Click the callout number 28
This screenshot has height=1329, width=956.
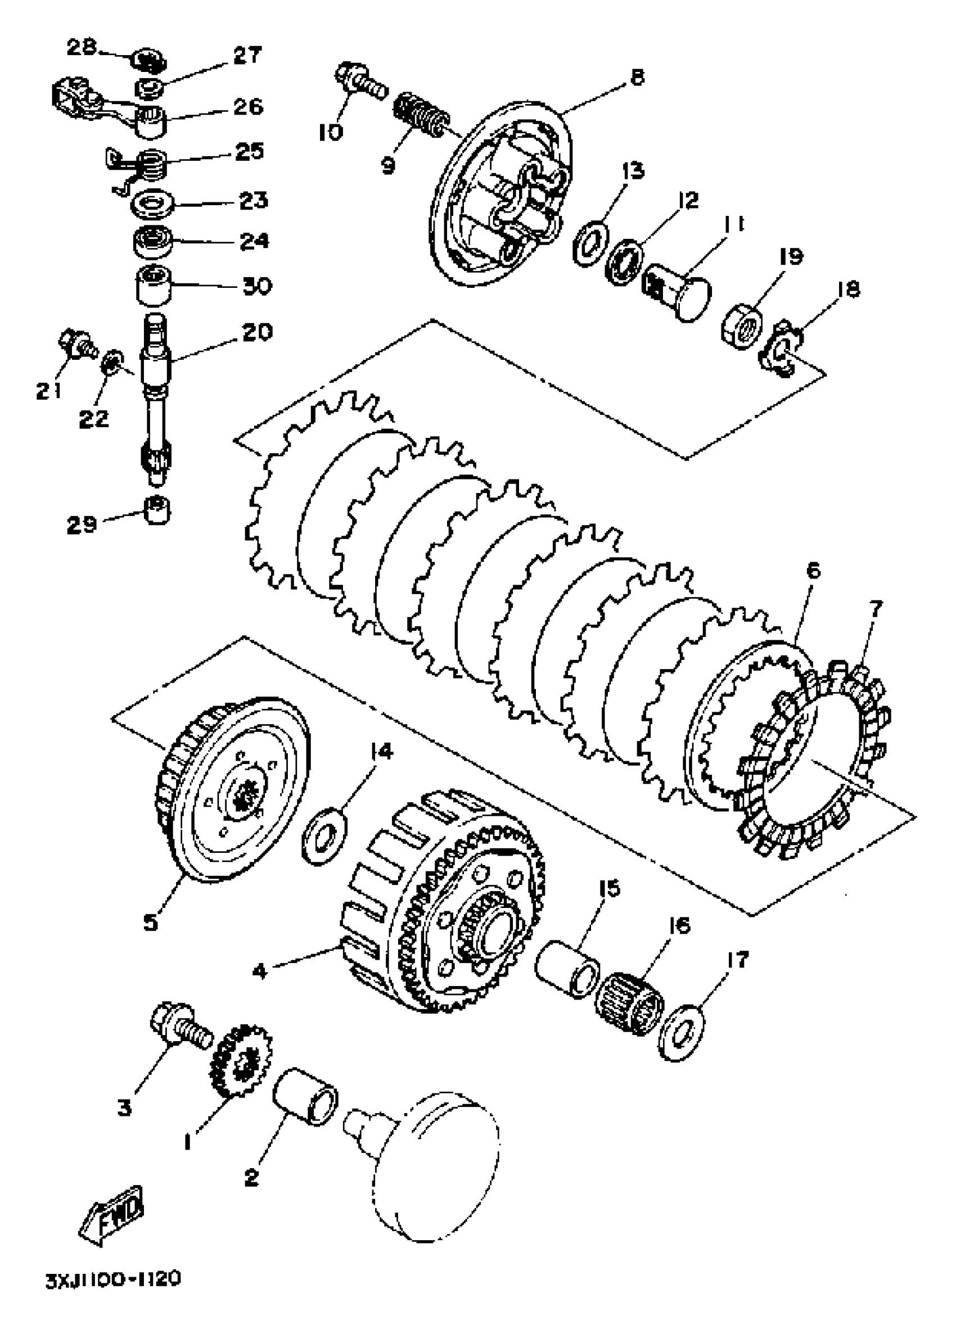(x=81, y=47)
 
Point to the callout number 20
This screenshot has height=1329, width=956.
(x=256, y=332)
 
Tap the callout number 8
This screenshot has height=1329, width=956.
(x=636, y=77)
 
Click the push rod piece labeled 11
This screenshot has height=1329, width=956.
(x=678, y=290)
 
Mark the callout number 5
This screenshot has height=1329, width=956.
(x=151, y=923)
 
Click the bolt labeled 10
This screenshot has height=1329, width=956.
(x=360, y=83)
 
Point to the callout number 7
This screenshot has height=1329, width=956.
(x=874, y=608)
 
